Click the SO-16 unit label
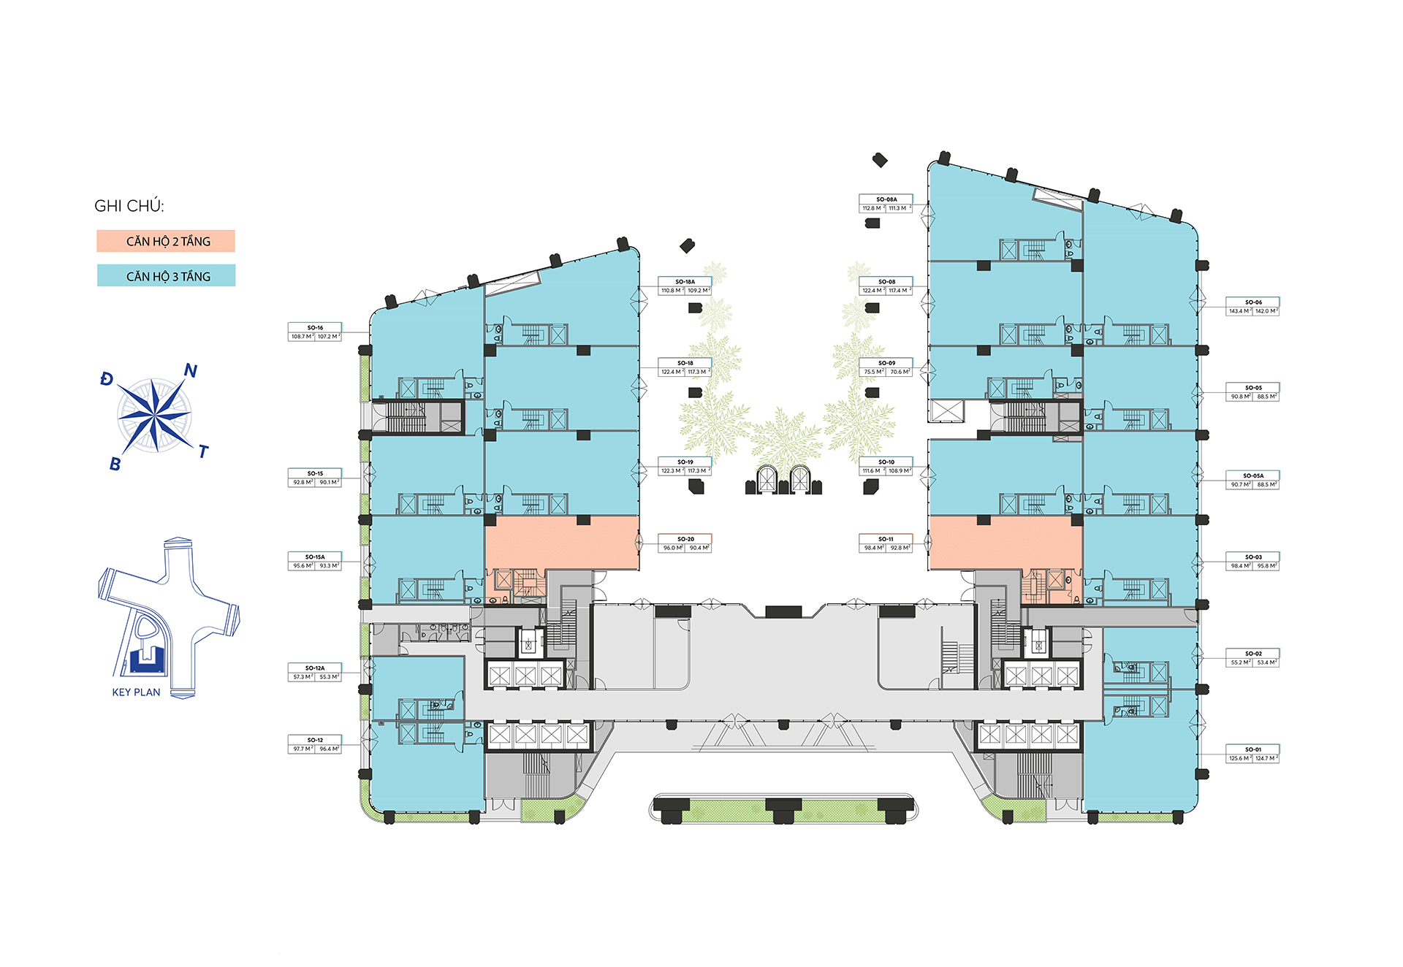[315, 328]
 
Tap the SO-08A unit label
[886, 199]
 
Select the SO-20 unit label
[685, 539]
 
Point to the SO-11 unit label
[886, 539]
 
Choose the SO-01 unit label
[1252, 749]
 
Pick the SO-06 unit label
[1253, 302]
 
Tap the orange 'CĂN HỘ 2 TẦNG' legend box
[167, 242]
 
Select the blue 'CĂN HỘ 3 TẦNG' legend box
[167, 276]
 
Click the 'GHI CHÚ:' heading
[129, 207]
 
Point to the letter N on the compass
[191, 371]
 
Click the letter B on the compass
[115, 465]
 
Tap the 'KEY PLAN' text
[136, 692]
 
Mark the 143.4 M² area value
[1239, 311]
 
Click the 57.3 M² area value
[303, 677]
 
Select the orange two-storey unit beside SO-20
[561, 543]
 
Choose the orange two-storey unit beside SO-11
[1005, 543]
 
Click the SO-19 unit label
[685, 462]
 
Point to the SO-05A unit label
[1253, 476]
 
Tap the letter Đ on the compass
[107, 379]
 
